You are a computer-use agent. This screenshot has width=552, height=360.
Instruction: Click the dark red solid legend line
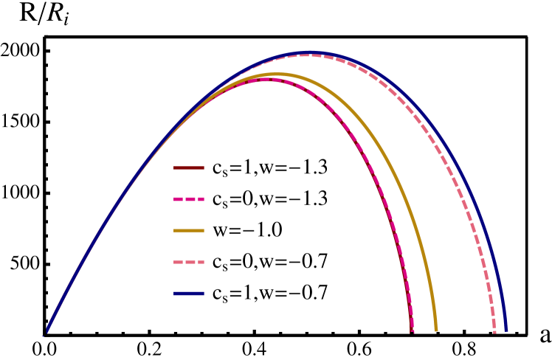tap(189, 168)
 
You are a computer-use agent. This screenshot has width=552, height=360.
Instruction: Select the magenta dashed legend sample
tap(189, 199)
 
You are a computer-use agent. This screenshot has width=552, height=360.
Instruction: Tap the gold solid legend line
tap(189, 231)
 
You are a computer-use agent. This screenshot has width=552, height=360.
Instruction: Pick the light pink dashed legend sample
tap(189, 262)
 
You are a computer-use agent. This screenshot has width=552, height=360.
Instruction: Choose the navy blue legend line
tap(189, 294)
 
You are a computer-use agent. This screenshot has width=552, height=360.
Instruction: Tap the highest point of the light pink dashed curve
tap(306, 55)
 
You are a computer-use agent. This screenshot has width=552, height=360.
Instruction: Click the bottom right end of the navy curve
tap(506, 330)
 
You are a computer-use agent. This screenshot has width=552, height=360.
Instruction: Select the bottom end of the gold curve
tap(436, 330)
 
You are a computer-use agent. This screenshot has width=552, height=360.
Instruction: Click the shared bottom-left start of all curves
tap(46, 331)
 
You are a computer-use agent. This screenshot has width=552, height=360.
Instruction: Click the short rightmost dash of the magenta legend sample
tap(202, 199)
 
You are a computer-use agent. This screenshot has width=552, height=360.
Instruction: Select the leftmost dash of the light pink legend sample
tap(178, 262)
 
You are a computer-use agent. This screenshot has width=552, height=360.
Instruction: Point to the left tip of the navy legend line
tap(175, 294)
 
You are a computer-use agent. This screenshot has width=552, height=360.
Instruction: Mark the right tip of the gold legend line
tap(203, 231)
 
